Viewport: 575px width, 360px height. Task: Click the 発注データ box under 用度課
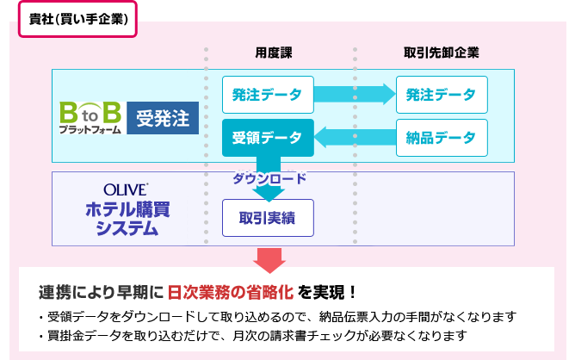coord(268,95)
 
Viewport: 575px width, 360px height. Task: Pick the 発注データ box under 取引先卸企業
coord(442,95)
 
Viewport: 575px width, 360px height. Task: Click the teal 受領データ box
coord(268,138)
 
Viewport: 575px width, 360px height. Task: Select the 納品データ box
coord(442,137)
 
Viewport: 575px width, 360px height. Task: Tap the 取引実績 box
coord(268,219)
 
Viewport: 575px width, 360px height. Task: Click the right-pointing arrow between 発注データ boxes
coord(353,93)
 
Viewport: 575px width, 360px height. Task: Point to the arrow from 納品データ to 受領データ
coord(353,136)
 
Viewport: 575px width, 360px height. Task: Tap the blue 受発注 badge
coord(164,115)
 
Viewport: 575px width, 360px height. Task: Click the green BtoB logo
coord(90,112)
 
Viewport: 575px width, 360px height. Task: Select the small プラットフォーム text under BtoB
coord(90,128)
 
